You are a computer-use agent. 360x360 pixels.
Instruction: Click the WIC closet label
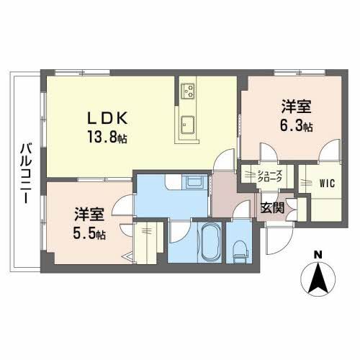pyautogui.click(x=328, y=183)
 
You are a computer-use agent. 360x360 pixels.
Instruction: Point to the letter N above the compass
pyautogui.click(x=317, y=253)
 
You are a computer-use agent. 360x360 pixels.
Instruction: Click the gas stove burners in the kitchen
pyautogui.click(x=189, y=91)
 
